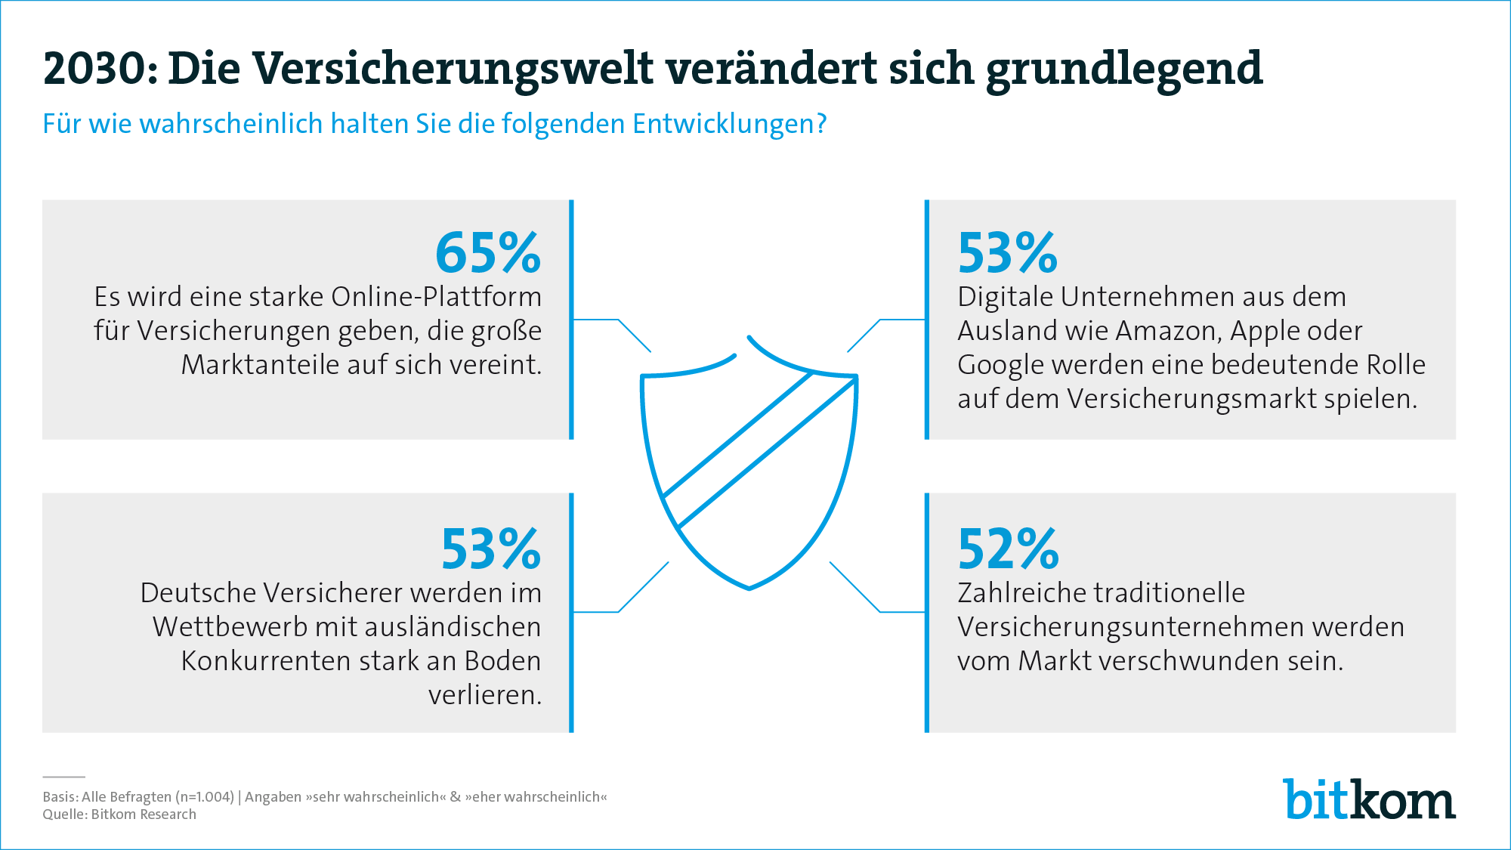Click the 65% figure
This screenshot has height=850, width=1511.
point(487,253)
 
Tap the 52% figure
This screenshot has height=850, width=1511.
point(1008,549)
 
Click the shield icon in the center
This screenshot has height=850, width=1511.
point(749,461)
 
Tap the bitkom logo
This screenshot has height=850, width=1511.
point(1368,799)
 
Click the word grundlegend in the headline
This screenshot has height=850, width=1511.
point(1124,68)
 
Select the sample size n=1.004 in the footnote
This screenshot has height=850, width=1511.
point(205,797)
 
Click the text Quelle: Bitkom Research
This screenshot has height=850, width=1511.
point(119,814)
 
